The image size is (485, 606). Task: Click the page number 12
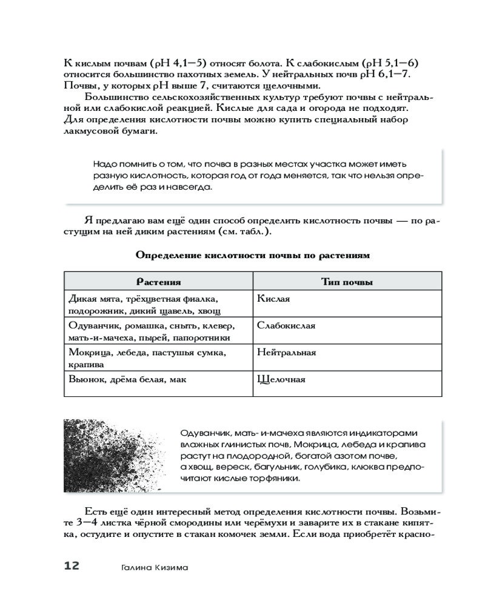(72, 566)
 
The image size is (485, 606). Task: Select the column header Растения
(158, 282)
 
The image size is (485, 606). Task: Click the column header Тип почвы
(346, 282)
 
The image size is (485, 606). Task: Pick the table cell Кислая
(273, 299)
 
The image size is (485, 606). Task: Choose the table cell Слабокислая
(286, 325)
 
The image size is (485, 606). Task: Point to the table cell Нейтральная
(286, 352)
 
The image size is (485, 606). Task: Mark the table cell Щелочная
(281, 379)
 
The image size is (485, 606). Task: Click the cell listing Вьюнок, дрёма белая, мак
(127, 379)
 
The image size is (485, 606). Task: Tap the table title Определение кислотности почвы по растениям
(252, 255)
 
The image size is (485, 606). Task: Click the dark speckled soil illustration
(119, 454)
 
